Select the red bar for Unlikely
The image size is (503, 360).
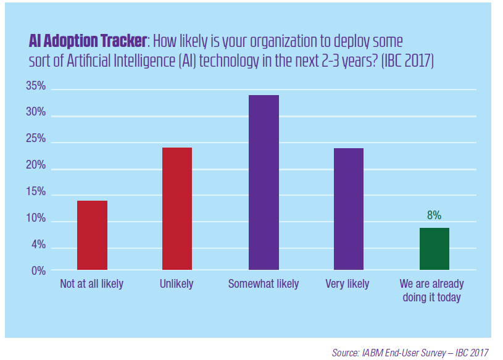[x=177, y=209]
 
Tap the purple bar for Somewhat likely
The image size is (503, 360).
[x=264, y=183]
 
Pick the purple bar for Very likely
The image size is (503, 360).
[x=349, y=209]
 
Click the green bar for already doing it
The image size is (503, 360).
[x=434, y=249]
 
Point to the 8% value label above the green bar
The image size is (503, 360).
[x=434, y=216]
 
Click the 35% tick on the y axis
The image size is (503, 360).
[x=36, y=86]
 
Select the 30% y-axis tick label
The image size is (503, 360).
[x=36, y=112]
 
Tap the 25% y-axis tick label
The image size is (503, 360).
[x=36, y=139]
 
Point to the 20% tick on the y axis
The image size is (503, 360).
[x=36, y=165]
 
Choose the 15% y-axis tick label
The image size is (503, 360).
[x=36, y=192]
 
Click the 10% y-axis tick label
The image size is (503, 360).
[x=36, y=219]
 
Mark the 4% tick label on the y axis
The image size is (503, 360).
[x=38, y=245]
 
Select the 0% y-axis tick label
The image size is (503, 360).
[x=38, y=270]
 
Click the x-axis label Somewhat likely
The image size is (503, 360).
[x=264, y=284]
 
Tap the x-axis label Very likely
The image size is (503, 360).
[x=347, y=284]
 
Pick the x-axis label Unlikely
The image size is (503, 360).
[x=176, y=284]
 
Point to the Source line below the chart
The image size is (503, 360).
[x=410, y=353]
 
